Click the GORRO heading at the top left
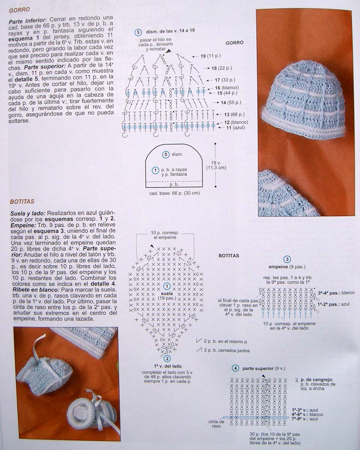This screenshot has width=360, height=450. click(19, 9)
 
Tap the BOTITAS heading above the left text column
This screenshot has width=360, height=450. click(22, 201)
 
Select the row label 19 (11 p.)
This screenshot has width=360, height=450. click(210, 56)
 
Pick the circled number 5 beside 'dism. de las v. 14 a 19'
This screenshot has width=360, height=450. click(138, 32)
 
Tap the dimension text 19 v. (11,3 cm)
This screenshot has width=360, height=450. click(216, 165)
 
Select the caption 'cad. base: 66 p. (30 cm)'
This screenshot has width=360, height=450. click(174, 193)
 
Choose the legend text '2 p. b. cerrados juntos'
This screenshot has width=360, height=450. click(226, 351)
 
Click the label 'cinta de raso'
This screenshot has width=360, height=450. click(216, 424)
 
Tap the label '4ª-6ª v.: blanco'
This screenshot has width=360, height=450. click(307, 414)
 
